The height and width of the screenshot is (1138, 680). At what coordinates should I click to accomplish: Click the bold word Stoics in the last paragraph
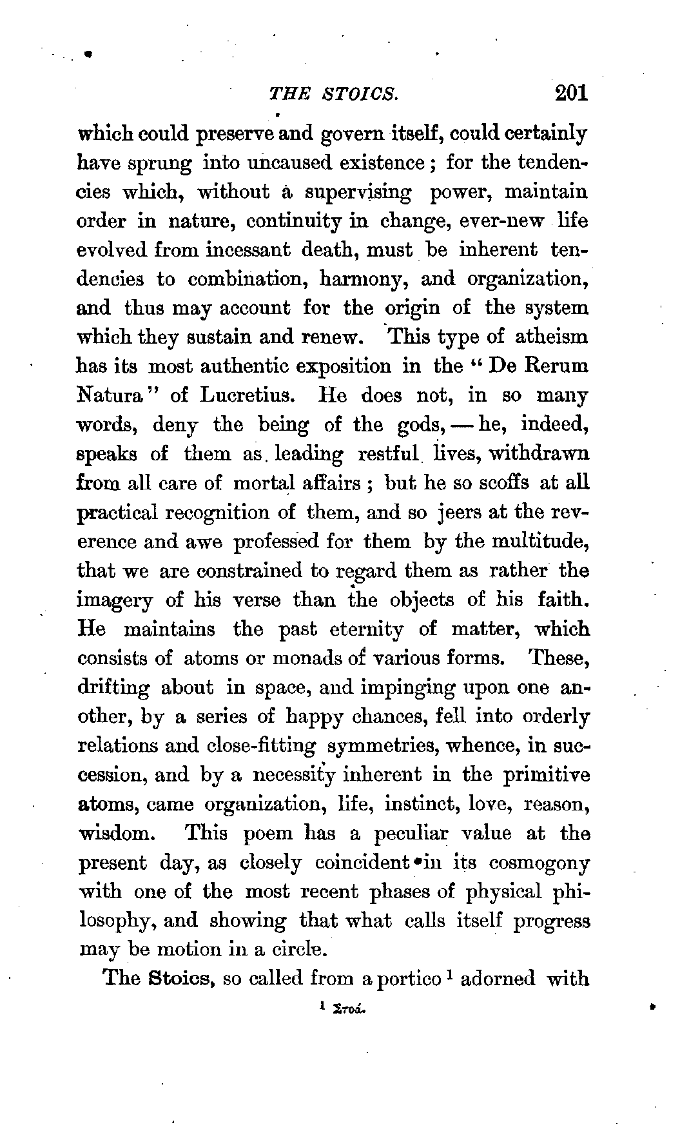click(x=182, y=978)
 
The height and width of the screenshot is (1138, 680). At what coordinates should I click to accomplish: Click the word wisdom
click(x=115, y=833)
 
